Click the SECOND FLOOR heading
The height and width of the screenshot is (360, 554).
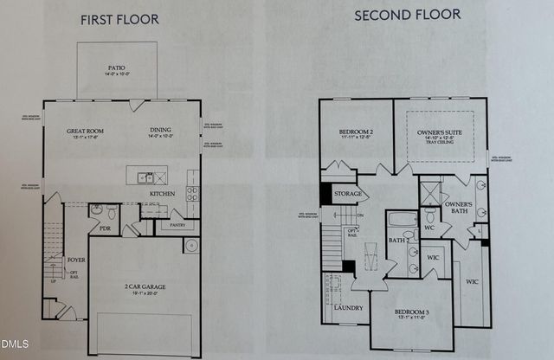click(407, 15)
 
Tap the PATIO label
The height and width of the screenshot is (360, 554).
click(118, 65)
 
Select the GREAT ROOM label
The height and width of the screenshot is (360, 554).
click(86, 132)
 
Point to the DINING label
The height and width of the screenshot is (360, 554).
click(162, 132)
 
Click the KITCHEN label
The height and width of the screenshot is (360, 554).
click(164, 194)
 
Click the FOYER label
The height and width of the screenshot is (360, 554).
click(75, 259)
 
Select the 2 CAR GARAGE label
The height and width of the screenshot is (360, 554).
click(145, 285)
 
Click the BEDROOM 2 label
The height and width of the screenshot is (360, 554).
click(355, 132)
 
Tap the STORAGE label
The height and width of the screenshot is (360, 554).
click(347, 195)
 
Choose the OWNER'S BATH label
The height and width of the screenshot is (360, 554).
click(459, 208)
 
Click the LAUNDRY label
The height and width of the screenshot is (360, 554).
click(347, 307)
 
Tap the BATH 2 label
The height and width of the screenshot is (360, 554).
click(397, 241)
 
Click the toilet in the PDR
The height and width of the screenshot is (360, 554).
click(98, 211)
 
